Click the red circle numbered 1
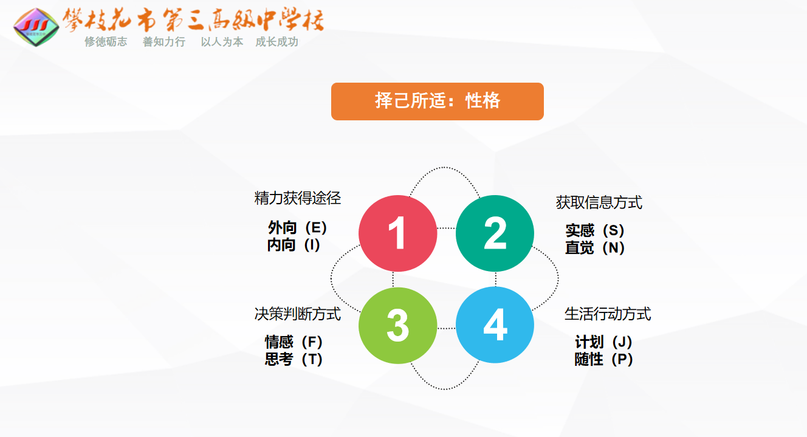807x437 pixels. tap(398, 233)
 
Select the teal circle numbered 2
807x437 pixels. tap(495, 233)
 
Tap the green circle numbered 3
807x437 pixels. tap(398, 325)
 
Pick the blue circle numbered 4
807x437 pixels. tap(495, 325)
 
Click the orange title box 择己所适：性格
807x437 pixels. tap(438, 102)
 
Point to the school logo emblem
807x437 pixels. tap(36, 27)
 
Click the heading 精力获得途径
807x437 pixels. tap(298, 198)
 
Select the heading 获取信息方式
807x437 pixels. tap(599, 202)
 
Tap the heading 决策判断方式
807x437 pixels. tap(298, 314)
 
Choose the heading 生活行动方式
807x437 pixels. tap(608, 314)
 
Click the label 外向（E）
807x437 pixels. tap(297, 228)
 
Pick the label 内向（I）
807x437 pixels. tap(294, 245)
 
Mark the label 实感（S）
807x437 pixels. tap(595, 230)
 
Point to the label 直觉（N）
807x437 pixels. tap(595, 248)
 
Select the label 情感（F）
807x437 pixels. tap(294, 342)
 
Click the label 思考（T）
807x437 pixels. tap(294, 359)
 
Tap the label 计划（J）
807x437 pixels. tap(604, 342)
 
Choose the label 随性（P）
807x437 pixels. tap(604, 359)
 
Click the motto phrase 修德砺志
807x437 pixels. tap(106, 42)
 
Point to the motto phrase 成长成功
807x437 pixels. tap(276, 42)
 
